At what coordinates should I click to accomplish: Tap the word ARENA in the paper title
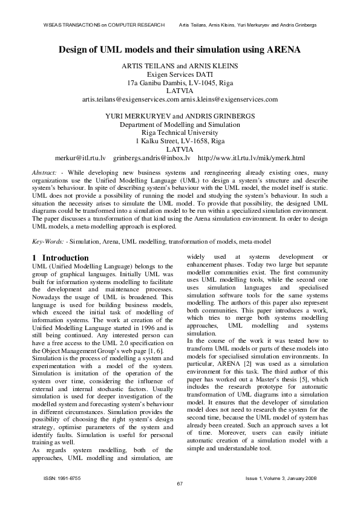pos(281,50)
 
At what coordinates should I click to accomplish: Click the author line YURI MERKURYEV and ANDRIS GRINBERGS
pos(180,115)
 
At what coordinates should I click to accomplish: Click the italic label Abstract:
pos(44,173)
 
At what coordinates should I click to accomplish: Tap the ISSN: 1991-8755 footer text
pos(62,478)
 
